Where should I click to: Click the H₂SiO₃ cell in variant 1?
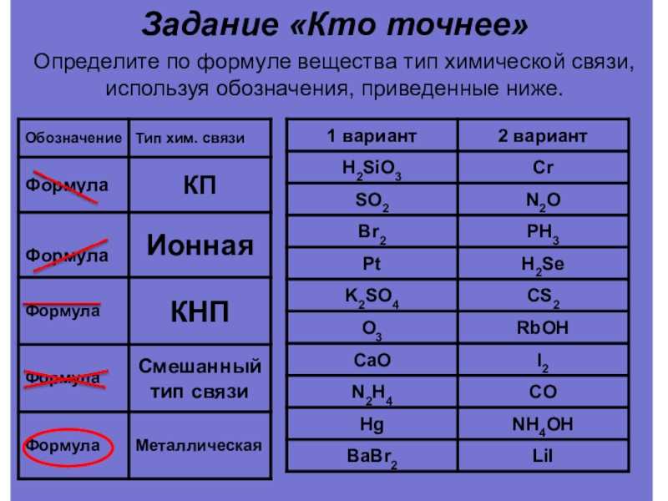point(372,170)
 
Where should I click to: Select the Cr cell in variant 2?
point(543,167)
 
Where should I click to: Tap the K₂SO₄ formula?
point(372,297)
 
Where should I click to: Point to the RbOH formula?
point(543,327)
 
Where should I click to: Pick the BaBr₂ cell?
point(372,457)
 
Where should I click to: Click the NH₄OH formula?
point(543,425)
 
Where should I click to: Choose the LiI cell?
point(543,456)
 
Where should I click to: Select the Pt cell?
point(372,263)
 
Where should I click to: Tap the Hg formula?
point(372,425)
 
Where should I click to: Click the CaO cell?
point(372,360)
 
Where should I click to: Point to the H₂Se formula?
point(543,265)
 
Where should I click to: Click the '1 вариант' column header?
point(372,136)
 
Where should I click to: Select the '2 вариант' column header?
point(542,136)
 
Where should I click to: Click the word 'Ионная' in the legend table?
point(200,245)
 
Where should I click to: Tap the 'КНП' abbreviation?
point(200,311)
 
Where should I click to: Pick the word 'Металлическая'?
point(199,445)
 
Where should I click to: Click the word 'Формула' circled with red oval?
point(63,446)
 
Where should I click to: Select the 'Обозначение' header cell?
point(73,138)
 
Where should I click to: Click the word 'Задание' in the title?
point(210,24)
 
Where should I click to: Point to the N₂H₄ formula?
point(372,393)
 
